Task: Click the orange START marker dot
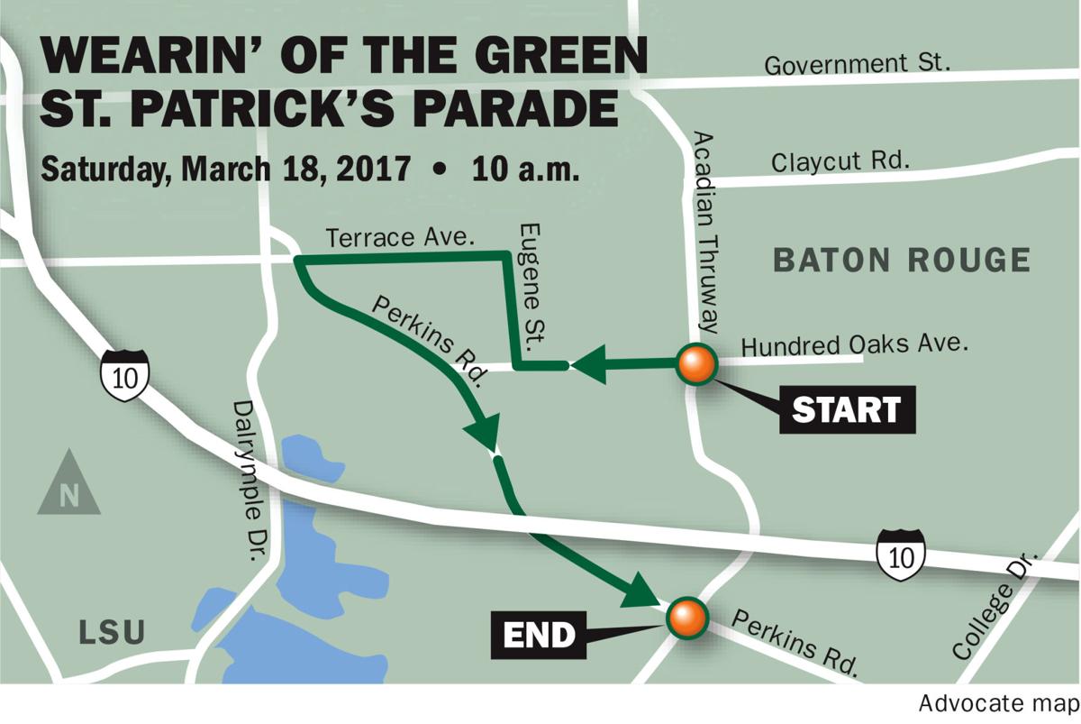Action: coord(697,365)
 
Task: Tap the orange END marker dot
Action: coord(686,618)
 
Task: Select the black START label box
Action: coord(846,410)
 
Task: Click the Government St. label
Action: coord(857,65)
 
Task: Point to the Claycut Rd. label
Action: coord(840,162)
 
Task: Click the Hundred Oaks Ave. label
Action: coord(853,344)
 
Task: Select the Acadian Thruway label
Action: coord(708,232)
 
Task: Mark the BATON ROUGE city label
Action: coord(902,261)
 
